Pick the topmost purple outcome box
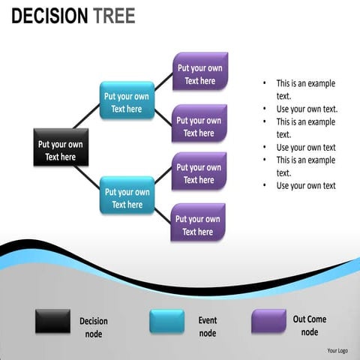click(199, 72)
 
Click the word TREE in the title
click(114, 16)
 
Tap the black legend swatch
click(52, 321)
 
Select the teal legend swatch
click(166, 321)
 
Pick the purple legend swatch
click(268, 321)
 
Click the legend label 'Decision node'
click(94, 327)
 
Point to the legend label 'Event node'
click(208, 326)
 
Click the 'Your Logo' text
click(337, 350)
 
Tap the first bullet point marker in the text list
click(265, 84)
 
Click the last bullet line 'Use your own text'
click(305, 186)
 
